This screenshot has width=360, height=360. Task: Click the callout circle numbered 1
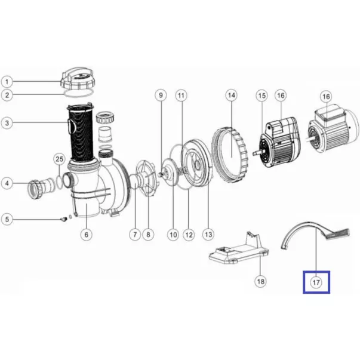7,82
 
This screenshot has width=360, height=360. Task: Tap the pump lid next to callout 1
78,79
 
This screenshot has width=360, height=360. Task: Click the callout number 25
60,159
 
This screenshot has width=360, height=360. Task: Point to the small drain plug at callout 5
63,219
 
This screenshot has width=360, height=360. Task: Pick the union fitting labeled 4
41,187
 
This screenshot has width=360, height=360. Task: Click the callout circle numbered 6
87,235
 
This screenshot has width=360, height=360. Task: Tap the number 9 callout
161,96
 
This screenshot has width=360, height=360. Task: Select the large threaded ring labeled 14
230,155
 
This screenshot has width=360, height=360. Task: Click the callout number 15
262,96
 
